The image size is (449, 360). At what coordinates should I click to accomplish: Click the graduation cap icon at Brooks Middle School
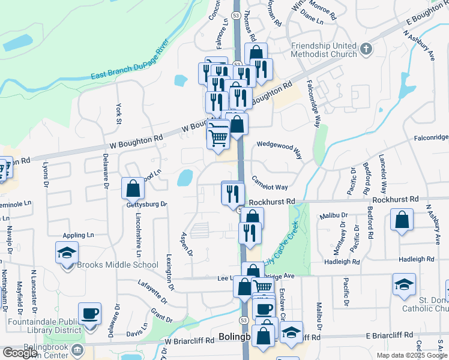click(x=67, y=253)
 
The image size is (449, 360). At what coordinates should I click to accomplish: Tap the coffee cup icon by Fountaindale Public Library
click(x=90, y=313)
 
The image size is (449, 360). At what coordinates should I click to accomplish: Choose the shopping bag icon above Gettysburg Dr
click(x=133, y=188)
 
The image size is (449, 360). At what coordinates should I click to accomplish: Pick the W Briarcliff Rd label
click(x=190, y=340)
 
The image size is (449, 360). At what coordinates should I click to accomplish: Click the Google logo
click(x=20, y=353)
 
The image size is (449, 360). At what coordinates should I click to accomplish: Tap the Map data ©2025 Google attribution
click(x=411, y=355)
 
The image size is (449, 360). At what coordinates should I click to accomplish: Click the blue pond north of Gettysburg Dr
click(x=185, y=178)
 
